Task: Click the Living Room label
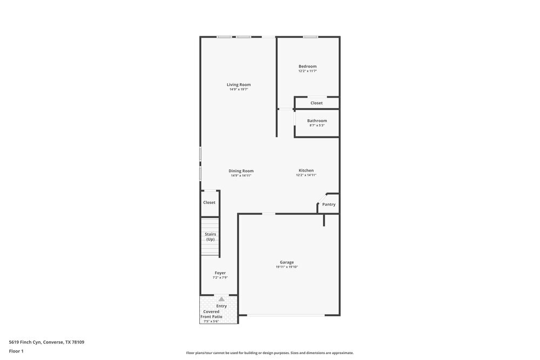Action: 238,84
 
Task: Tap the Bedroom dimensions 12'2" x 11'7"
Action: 307,71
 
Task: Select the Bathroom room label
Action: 317,121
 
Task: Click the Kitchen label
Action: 306,171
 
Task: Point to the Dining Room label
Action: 241,171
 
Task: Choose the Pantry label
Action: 328,205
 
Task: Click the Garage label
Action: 287,262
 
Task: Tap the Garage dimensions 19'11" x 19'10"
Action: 287,267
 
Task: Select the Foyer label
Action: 220,273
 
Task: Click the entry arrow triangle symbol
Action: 221,299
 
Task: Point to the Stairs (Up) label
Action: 210,237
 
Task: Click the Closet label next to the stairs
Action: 209,202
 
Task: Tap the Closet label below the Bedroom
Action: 316,103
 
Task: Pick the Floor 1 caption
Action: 16,351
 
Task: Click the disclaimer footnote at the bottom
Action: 269,353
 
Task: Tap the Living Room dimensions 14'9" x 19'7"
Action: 238,89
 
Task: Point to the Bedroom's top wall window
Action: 310,37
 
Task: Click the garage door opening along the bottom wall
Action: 286,315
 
